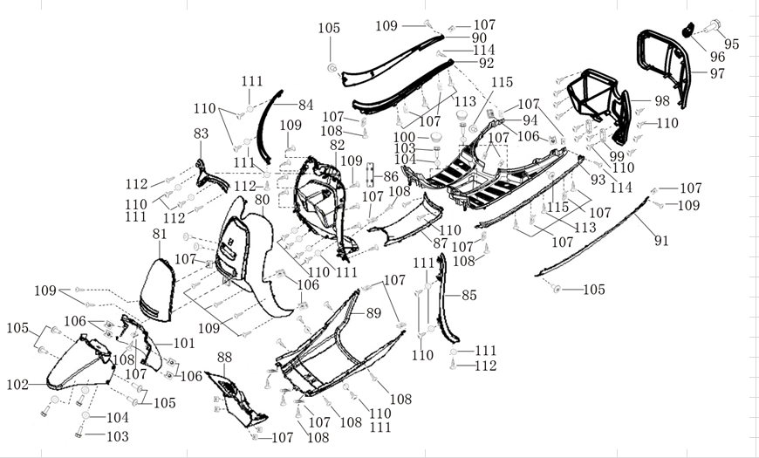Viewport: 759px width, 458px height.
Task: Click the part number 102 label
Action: [17, 385]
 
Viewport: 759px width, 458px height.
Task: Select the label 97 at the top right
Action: [717, 73]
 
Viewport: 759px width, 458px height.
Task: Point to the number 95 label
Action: [731, 44]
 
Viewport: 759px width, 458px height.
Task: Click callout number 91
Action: [660, 241]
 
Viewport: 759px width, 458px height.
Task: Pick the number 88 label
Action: [224, 357]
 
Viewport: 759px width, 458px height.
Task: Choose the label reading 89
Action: [373, 312]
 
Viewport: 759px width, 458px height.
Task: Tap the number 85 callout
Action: [469, 296]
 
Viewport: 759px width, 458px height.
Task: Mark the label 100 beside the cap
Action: [404, 137]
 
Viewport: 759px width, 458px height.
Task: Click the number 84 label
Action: [304, 105]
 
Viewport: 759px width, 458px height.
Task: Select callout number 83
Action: [202, 133]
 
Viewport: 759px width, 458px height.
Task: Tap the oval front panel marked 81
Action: [157, 288]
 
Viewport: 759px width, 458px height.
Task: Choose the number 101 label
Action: [183, 343]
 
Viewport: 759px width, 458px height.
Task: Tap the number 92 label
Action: [486, 64]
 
